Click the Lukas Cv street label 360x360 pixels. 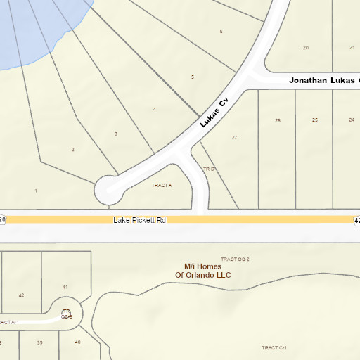click(x=214, y=112)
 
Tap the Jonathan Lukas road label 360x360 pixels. click(x=324, y=81)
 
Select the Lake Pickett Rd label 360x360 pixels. click(x=140, y=220)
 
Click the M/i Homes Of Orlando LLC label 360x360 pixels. click(x=202, y=271)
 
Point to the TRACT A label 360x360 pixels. click(x=162, y=185)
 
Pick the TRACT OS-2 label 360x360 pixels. click(x=236, y=259)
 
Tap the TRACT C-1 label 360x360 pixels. click(x=274, y=347)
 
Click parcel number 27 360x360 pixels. click(x=234, y=138)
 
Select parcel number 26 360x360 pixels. click(x=278, y=121)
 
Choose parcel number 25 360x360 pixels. click(x=315, y=120)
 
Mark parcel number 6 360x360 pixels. click(x=221, y=32)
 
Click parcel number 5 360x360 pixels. click(x=193, y=77)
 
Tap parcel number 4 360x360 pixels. click(x=155, y=110)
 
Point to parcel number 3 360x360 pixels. click(x=116, y=134)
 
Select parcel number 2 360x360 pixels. click(x=72, y=150)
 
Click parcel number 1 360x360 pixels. click(x=36, y=191)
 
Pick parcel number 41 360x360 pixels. click(x=65, y=287)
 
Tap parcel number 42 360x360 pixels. click(x=21, y=295)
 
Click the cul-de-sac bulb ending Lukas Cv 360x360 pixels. click(x=109, y=188)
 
